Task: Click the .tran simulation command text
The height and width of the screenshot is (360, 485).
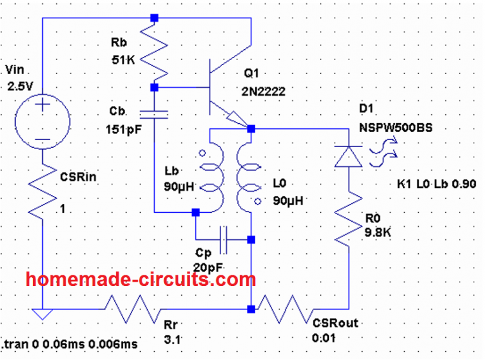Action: [70, 344]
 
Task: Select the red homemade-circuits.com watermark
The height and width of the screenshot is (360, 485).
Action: [141, 279]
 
